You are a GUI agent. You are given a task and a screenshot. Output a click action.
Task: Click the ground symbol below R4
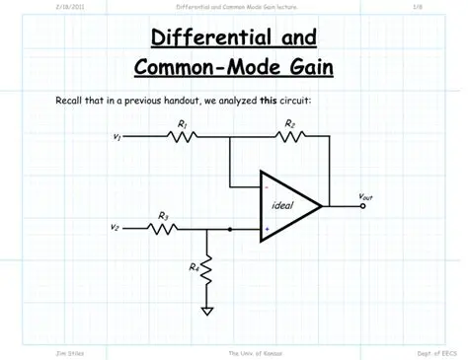[208, 312]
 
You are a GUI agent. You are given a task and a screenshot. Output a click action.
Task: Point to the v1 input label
[117, 138]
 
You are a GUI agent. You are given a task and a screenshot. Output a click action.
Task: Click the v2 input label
[115, 229]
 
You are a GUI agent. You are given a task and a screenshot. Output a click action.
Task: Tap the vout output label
[365, 197]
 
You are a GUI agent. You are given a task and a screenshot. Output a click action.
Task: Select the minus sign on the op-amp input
[267, 185]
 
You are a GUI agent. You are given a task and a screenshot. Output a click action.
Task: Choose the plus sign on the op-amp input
[267, 229]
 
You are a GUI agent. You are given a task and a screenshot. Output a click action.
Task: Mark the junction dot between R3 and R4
[229, 229]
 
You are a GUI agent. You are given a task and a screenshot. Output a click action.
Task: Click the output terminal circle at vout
[363, 207]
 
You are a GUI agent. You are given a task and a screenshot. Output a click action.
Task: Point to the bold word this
[269, 101]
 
